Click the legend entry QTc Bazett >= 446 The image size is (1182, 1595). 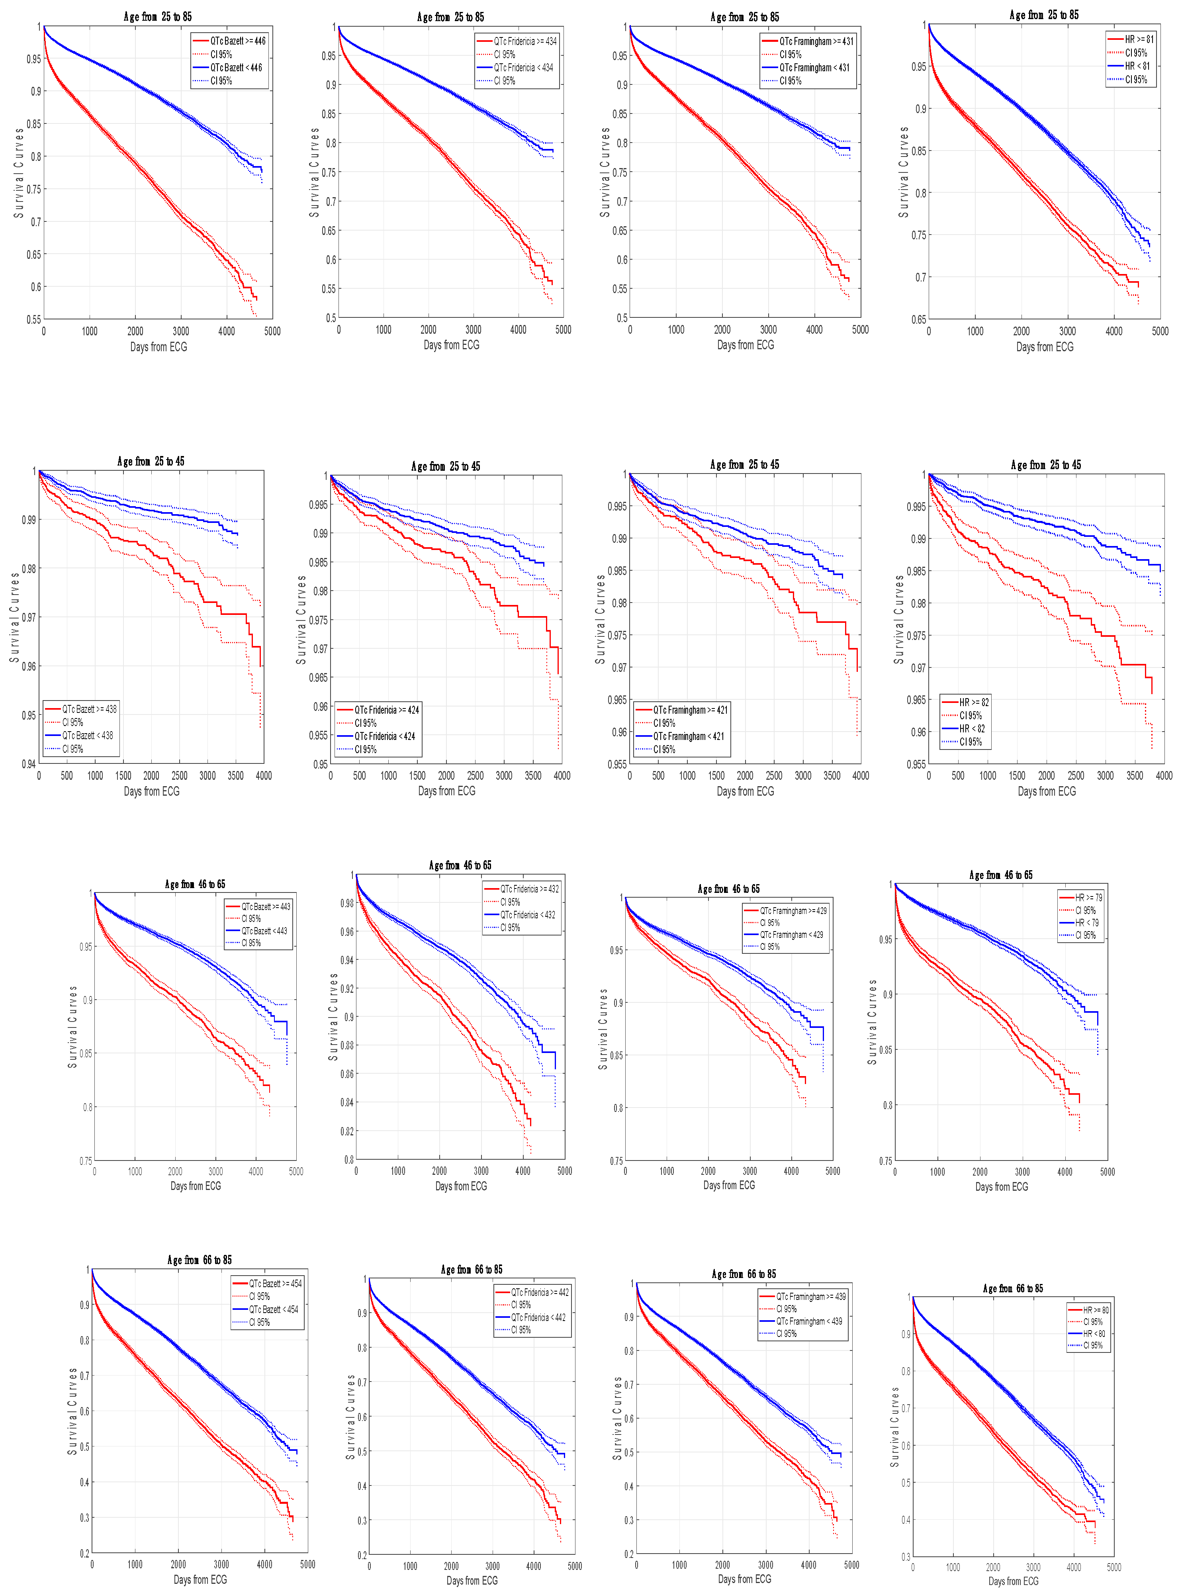point(237,41)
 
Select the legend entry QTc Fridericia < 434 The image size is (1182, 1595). point(523,67)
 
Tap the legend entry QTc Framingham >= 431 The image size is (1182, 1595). point(816,41)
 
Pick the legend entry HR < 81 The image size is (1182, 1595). point(1137,66)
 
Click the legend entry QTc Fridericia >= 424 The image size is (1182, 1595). point(386,710)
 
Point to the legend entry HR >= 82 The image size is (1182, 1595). point(974,702)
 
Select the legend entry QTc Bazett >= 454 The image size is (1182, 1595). point(275,1284)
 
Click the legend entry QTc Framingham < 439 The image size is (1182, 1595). point(808,1321)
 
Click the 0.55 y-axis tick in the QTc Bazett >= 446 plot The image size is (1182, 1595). point(33,319)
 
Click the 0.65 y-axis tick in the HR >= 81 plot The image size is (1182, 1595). point(918,319)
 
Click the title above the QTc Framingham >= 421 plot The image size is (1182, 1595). point(744,464)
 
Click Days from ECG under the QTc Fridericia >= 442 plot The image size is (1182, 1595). point(472,1580)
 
